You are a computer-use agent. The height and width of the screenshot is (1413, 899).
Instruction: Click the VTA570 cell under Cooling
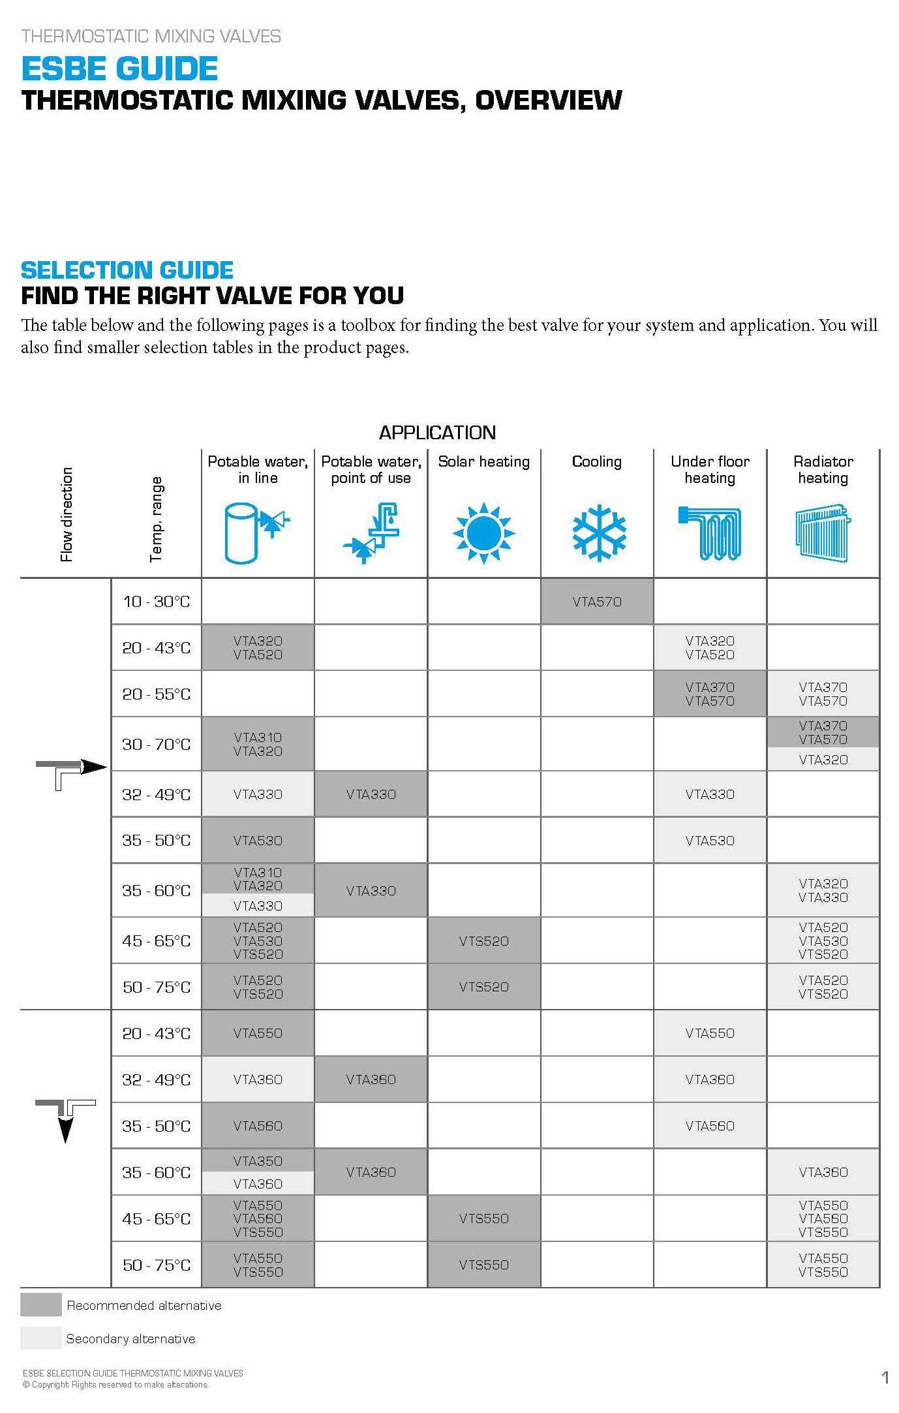click(x=597, y=602)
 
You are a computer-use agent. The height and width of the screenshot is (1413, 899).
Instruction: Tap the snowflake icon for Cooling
click(x=599, y=533)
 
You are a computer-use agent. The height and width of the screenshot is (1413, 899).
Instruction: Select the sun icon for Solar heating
click(x=483, y=533)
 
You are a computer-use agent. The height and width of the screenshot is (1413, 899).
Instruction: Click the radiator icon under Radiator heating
click(x=823, y=533)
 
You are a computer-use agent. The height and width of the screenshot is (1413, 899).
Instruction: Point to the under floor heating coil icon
click(x=710, y=533)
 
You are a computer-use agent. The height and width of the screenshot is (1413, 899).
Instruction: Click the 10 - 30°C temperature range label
click(x=157, y=602)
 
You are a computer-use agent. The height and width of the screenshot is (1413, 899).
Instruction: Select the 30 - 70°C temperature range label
click(x=157, y=745)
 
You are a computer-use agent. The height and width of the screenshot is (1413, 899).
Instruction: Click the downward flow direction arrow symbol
click(x=65, y=1119)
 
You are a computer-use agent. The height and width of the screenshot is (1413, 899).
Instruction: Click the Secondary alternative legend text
click(x=130, y=1339)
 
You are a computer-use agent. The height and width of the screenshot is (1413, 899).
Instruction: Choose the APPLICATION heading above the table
click(x=437, y=433)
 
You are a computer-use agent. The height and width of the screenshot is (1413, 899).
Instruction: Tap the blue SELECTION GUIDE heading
click(x=127, y=270)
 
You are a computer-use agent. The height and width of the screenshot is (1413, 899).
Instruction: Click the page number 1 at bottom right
click(x=885, y=1378)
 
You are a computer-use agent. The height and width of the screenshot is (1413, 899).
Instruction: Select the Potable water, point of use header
click(x=371, y=470)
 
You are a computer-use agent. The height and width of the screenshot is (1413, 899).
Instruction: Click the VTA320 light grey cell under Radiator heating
click(x=823, y=760)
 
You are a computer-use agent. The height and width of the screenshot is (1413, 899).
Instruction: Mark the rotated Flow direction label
click(x=67, y=514)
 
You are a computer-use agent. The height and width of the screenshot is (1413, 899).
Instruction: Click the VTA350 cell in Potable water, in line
click(x=258, y=1161)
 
